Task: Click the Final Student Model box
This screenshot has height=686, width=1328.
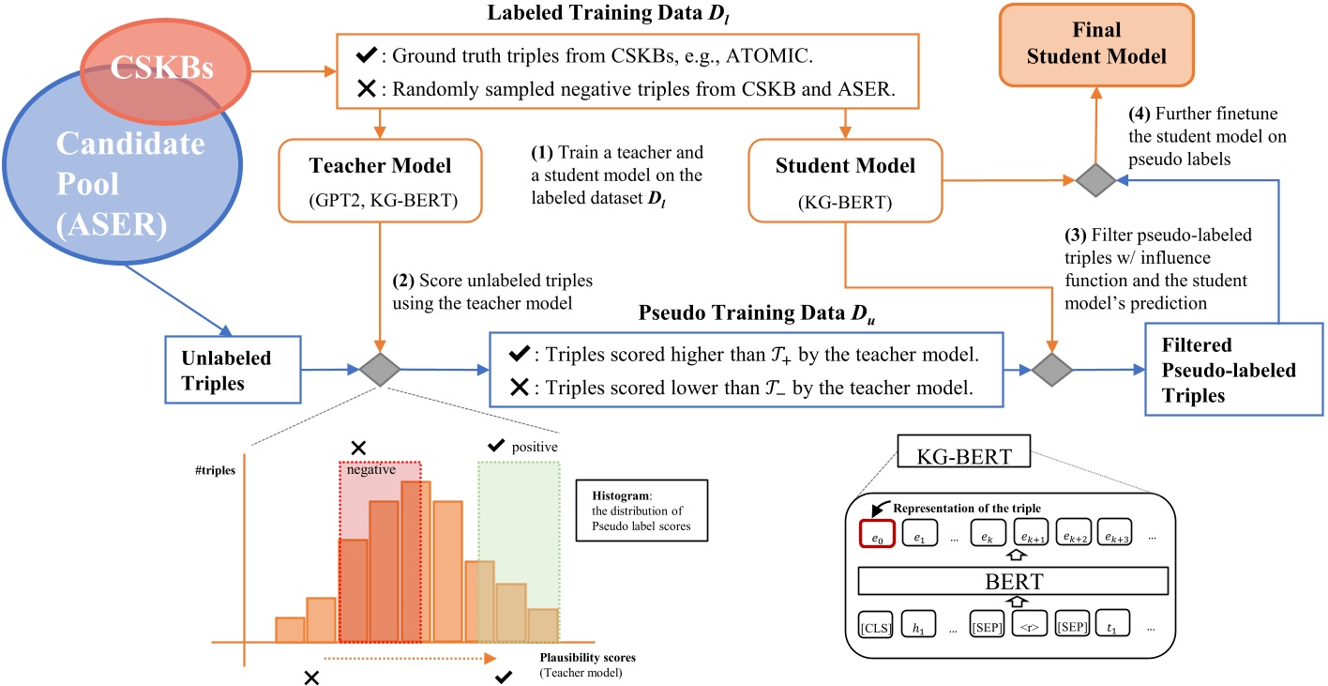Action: coord(1096,44)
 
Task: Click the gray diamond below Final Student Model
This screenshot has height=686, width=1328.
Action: coord(1095,180)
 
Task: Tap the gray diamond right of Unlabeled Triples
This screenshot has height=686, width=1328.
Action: coord(380,370)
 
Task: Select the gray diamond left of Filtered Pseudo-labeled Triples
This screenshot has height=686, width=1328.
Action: coord(1051,370)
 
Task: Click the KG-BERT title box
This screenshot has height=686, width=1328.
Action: coord(964,451)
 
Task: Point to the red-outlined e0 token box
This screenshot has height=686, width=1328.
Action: coord(877,533)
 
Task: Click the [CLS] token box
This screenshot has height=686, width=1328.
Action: coord(876,625)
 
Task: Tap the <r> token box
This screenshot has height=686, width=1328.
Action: coord(1029,625)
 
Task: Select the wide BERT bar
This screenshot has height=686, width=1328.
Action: coord(1013,581)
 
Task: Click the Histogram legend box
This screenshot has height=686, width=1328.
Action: coord(642,511)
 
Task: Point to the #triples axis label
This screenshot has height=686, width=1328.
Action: coord(215,470)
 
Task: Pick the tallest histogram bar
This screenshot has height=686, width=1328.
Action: coord(415,561)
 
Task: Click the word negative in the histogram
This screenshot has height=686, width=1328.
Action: coord(371,469)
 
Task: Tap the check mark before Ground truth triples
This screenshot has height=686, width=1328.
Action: coord(367,54)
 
